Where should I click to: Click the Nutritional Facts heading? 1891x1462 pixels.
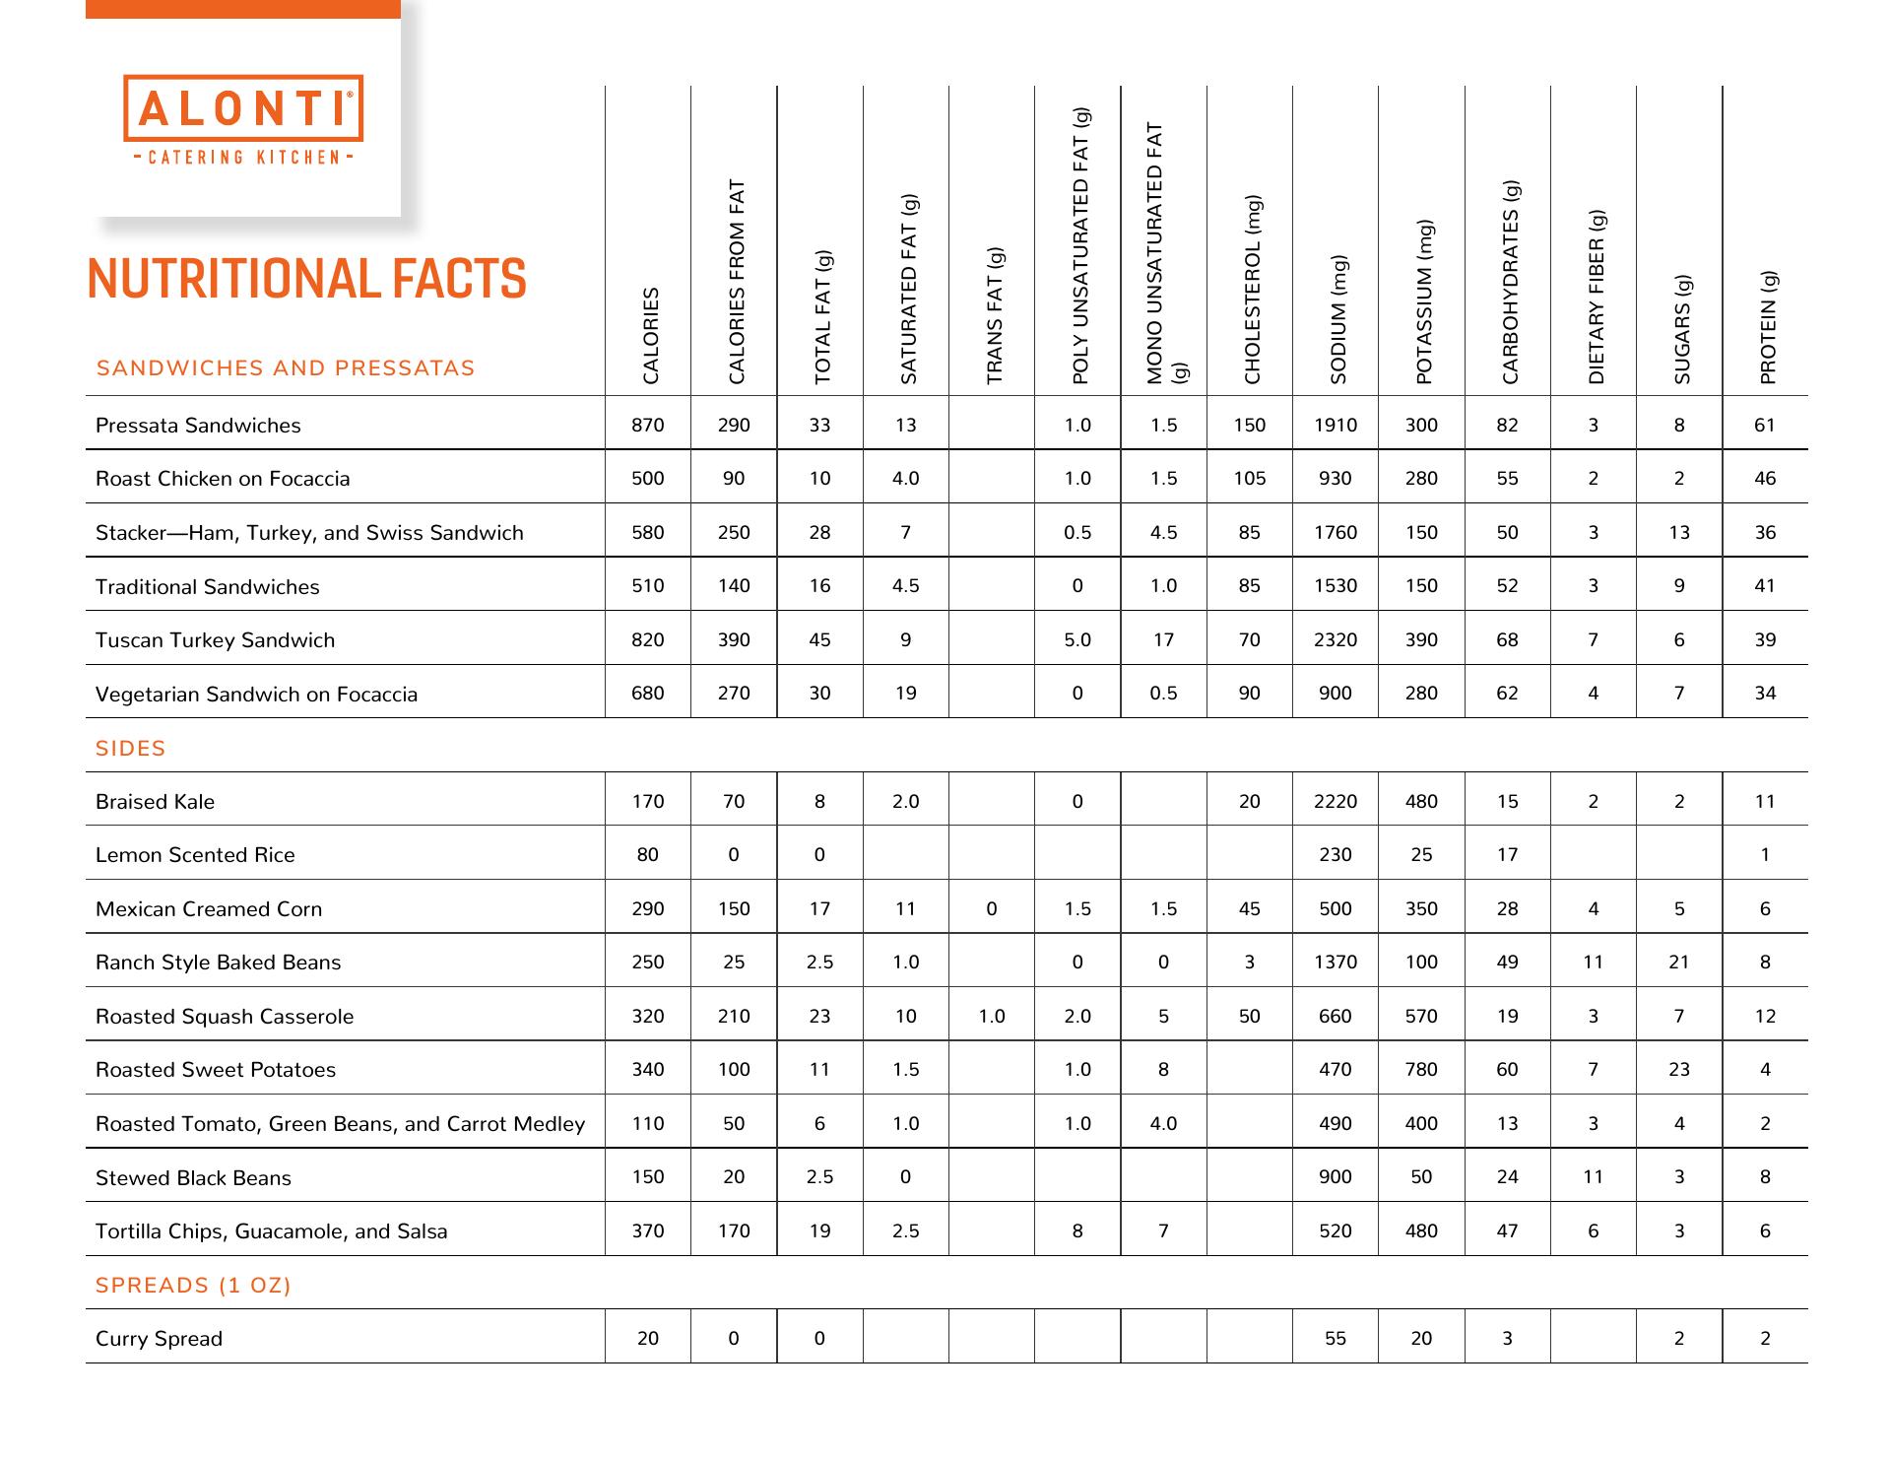306,279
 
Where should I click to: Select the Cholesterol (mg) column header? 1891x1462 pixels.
1252,291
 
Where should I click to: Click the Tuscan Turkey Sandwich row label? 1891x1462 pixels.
215,640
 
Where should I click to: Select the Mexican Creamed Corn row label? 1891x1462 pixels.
209,909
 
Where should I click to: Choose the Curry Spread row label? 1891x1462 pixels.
159,1339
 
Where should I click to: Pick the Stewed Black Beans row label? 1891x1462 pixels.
193,1178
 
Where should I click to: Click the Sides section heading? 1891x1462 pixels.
130,749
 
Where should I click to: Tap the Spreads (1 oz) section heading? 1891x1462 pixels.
193,1286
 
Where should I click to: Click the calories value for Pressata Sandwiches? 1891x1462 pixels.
648,426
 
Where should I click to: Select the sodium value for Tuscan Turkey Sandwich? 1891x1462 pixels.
1335,640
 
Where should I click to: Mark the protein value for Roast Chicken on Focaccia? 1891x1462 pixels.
1765,479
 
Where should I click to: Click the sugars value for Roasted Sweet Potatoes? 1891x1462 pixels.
1679,1070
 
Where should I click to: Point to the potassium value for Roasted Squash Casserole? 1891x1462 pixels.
1421,1017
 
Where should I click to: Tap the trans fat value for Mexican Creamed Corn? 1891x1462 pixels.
992,909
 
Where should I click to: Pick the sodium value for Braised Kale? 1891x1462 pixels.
1335,802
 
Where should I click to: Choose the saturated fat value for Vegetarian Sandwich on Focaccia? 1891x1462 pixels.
905,694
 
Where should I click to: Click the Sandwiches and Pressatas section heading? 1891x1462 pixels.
286,368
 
